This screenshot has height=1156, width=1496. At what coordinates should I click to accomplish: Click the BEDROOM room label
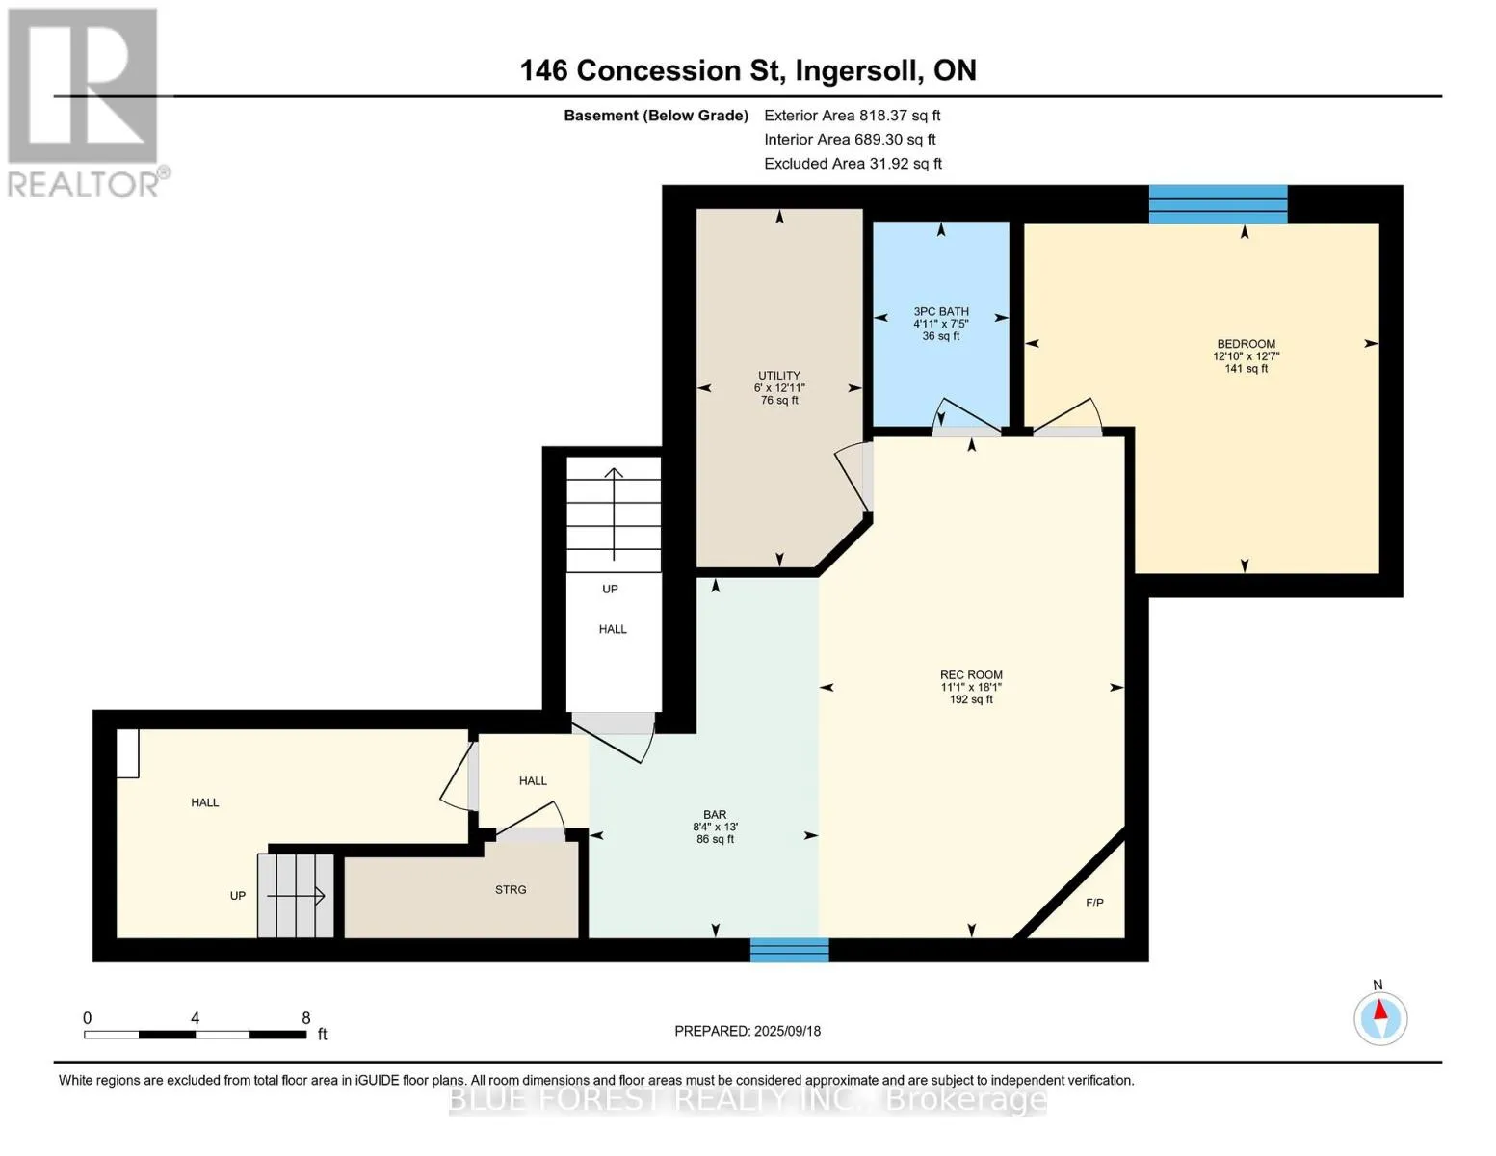tap(1246, 344)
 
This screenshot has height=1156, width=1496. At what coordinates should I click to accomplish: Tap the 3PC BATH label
tap(940, 312)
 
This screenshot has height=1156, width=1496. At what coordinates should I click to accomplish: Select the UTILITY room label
tap(779, 376)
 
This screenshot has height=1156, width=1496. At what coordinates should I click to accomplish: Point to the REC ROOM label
tap(971, 674)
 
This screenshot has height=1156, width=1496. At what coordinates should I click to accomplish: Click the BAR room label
tap(716, 815)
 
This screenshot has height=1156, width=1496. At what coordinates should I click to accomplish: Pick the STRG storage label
tap(511, 889)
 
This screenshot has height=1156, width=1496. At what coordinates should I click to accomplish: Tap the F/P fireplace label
tap(1094, 903)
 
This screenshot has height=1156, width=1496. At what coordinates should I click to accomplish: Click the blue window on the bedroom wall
tap(1218, 204)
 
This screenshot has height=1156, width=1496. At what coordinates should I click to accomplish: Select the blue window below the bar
tap(789, 950)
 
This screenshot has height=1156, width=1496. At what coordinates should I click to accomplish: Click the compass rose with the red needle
tap(1379, 1018)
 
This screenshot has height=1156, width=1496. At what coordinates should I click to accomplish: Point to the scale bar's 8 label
tap(305, 1017)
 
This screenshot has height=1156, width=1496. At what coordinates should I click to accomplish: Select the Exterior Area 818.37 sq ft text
tap(853, 116)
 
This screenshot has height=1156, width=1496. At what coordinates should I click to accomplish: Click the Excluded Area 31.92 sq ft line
tap(853, 164)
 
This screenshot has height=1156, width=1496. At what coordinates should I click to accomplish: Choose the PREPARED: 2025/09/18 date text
tap(748, 1031)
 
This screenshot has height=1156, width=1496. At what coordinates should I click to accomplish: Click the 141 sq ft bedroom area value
tap(1247, 368)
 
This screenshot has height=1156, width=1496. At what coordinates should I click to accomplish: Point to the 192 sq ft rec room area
tap(971, 698)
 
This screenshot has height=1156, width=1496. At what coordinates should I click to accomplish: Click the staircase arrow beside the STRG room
tap(296, 896)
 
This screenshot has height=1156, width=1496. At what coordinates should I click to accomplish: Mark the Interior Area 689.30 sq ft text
tap(851, 140)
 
